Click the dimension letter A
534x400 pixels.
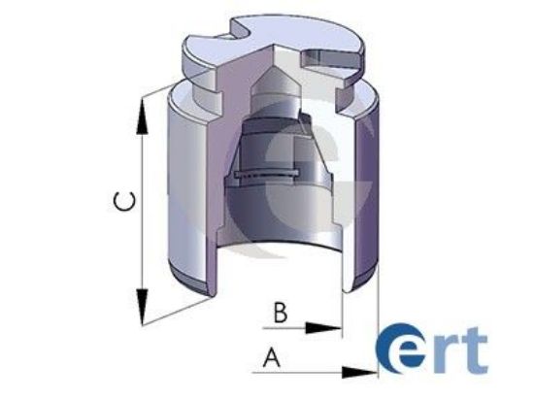(272, 356)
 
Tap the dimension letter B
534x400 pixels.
(279, 313)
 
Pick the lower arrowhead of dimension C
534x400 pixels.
(143, 305)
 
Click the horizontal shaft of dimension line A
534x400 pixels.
(311, 370)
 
